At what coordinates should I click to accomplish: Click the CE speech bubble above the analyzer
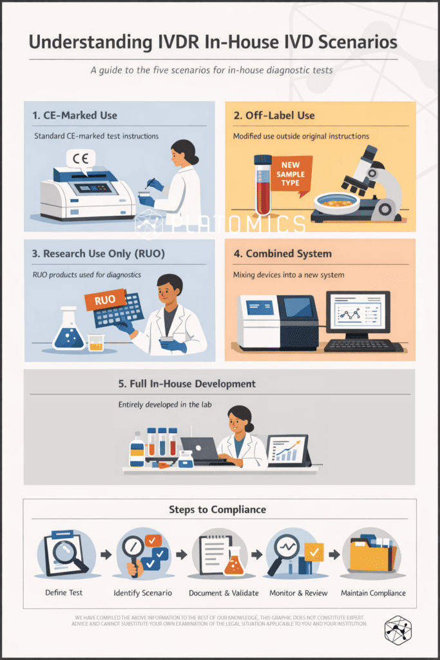[x=81, y=160]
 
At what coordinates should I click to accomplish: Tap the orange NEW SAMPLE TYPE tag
[x=291, y=174]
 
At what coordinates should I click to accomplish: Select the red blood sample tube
[x=263, y=185]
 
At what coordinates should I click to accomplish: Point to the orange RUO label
[x=105, y=299]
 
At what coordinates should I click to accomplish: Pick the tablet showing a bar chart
[x=289, y=451]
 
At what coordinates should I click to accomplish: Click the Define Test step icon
[x=66, y=554]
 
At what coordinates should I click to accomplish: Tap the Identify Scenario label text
[x=142, y=593]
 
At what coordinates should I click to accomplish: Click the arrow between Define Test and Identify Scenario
[x=106, y=554]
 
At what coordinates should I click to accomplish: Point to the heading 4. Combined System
[x=282, y=253]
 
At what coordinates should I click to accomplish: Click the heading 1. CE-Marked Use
[x=75, y=115]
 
